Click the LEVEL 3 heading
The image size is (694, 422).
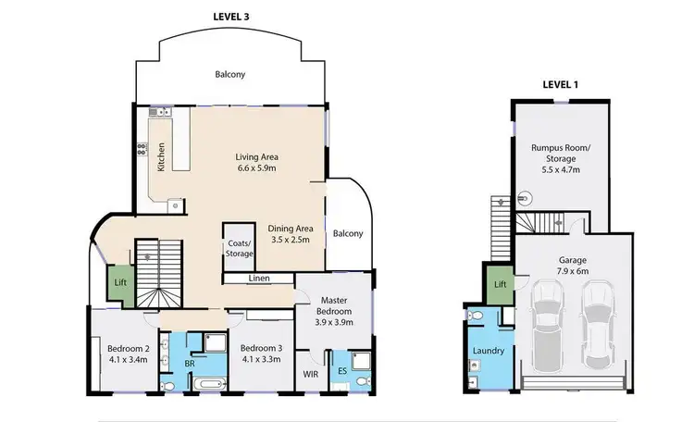(x=232, y=17)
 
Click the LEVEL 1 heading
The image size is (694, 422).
(x=560, y=84)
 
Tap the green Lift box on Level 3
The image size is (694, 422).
(x=120, y=282)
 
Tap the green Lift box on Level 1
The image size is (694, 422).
(x=500, y=284)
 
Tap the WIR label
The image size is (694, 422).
(x=310, y=375)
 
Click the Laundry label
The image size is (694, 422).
(x=488, y=352)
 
